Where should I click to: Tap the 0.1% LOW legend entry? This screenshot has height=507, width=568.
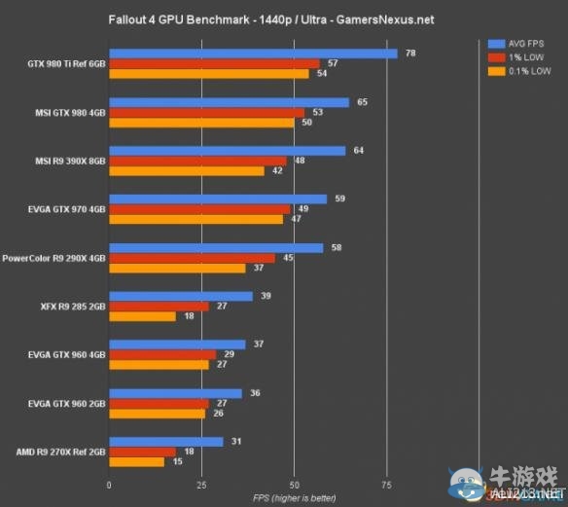523,71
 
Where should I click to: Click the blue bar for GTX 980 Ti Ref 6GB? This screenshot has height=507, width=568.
253,54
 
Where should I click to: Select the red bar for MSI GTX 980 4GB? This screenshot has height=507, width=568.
206,113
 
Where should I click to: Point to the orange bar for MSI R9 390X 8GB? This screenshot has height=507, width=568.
187,171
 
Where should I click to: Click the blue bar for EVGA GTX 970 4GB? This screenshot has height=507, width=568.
218,199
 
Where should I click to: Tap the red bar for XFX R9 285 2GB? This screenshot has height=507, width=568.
159,307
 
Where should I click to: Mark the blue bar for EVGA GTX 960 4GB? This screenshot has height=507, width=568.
177,344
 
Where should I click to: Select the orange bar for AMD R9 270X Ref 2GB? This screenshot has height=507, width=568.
136,461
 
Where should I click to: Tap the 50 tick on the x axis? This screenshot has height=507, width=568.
294,484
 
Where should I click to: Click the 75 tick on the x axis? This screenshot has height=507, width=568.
386,484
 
